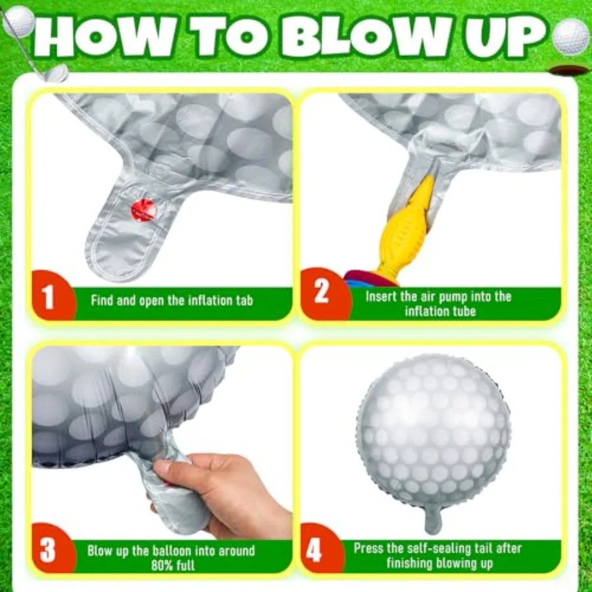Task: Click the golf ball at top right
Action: [570, 36]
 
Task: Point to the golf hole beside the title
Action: [568, 70]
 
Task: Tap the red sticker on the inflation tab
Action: [143, 210]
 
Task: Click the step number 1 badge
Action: [49, 298]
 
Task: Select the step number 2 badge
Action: [320, 292]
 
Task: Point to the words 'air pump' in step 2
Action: [447, 296]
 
